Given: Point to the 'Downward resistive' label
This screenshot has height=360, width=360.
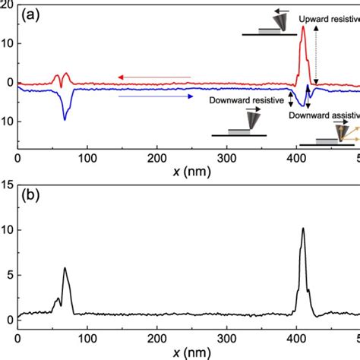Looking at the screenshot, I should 251,99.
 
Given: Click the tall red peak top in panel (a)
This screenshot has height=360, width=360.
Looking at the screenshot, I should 304,27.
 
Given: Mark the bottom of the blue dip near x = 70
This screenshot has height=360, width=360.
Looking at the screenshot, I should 65,119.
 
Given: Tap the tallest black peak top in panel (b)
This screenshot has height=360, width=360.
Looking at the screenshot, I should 303,228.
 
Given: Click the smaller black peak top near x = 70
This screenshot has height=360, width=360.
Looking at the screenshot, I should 65,267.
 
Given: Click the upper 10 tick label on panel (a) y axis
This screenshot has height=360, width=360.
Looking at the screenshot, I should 8,43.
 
